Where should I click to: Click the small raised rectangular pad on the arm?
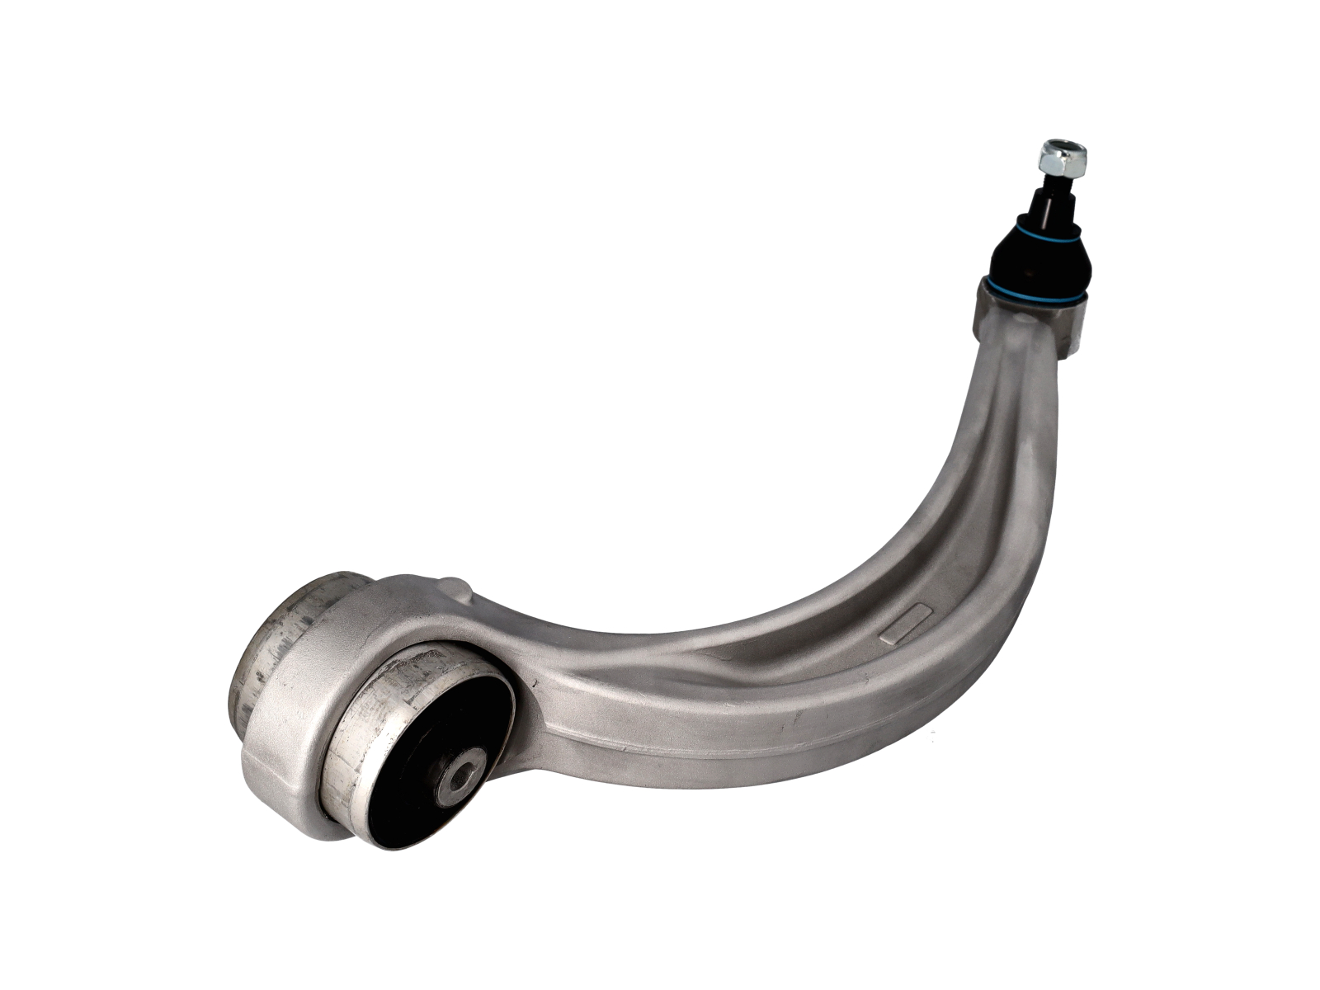coord(907,623)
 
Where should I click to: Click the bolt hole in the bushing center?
coord(458,775)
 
